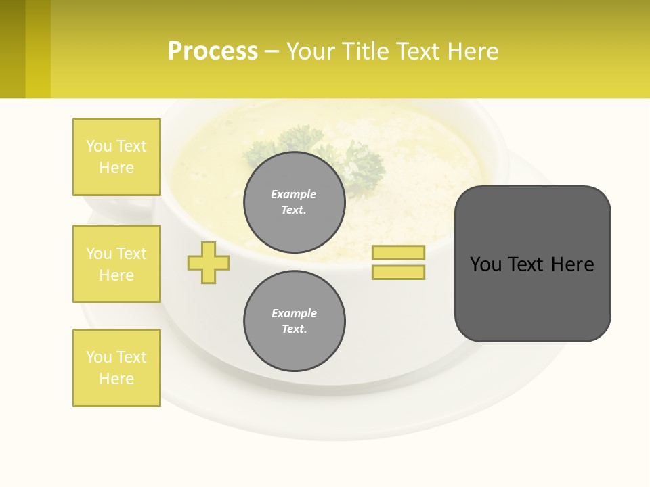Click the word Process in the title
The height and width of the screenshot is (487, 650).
[213, 51]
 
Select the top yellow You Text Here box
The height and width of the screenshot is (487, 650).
[116, 157]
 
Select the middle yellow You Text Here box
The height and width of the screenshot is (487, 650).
[116, 264]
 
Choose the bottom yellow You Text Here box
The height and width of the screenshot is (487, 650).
[116, 368]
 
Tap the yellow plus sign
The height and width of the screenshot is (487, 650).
[209, 262]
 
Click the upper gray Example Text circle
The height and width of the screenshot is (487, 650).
[294, 202]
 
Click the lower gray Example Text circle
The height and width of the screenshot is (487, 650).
[294, 321]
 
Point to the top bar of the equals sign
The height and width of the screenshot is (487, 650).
[398, 252]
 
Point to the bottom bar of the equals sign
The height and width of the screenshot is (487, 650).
[398, 272]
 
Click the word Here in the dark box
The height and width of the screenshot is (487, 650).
[572, 264]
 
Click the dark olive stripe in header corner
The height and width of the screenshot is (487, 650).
[12, 49]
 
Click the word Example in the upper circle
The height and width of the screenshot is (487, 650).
[294, 194]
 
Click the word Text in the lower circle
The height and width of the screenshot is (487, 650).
[294, 329]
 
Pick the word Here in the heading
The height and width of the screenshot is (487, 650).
[472, 51]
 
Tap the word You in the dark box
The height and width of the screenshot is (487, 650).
[485, 264]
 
